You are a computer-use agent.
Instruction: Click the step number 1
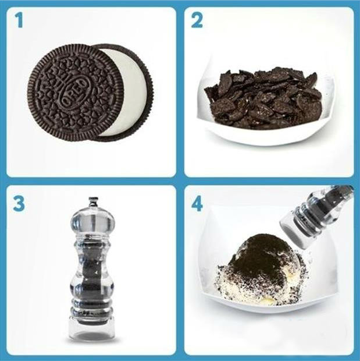point(20,22)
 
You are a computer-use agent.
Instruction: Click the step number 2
point(197,22)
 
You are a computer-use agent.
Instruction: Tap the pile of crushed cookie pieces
point(265,96)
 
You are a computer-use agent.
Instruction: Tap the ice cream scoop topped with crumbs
point(262,274)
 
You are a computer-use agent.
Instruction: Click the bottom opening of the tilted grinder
point(291,230)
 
